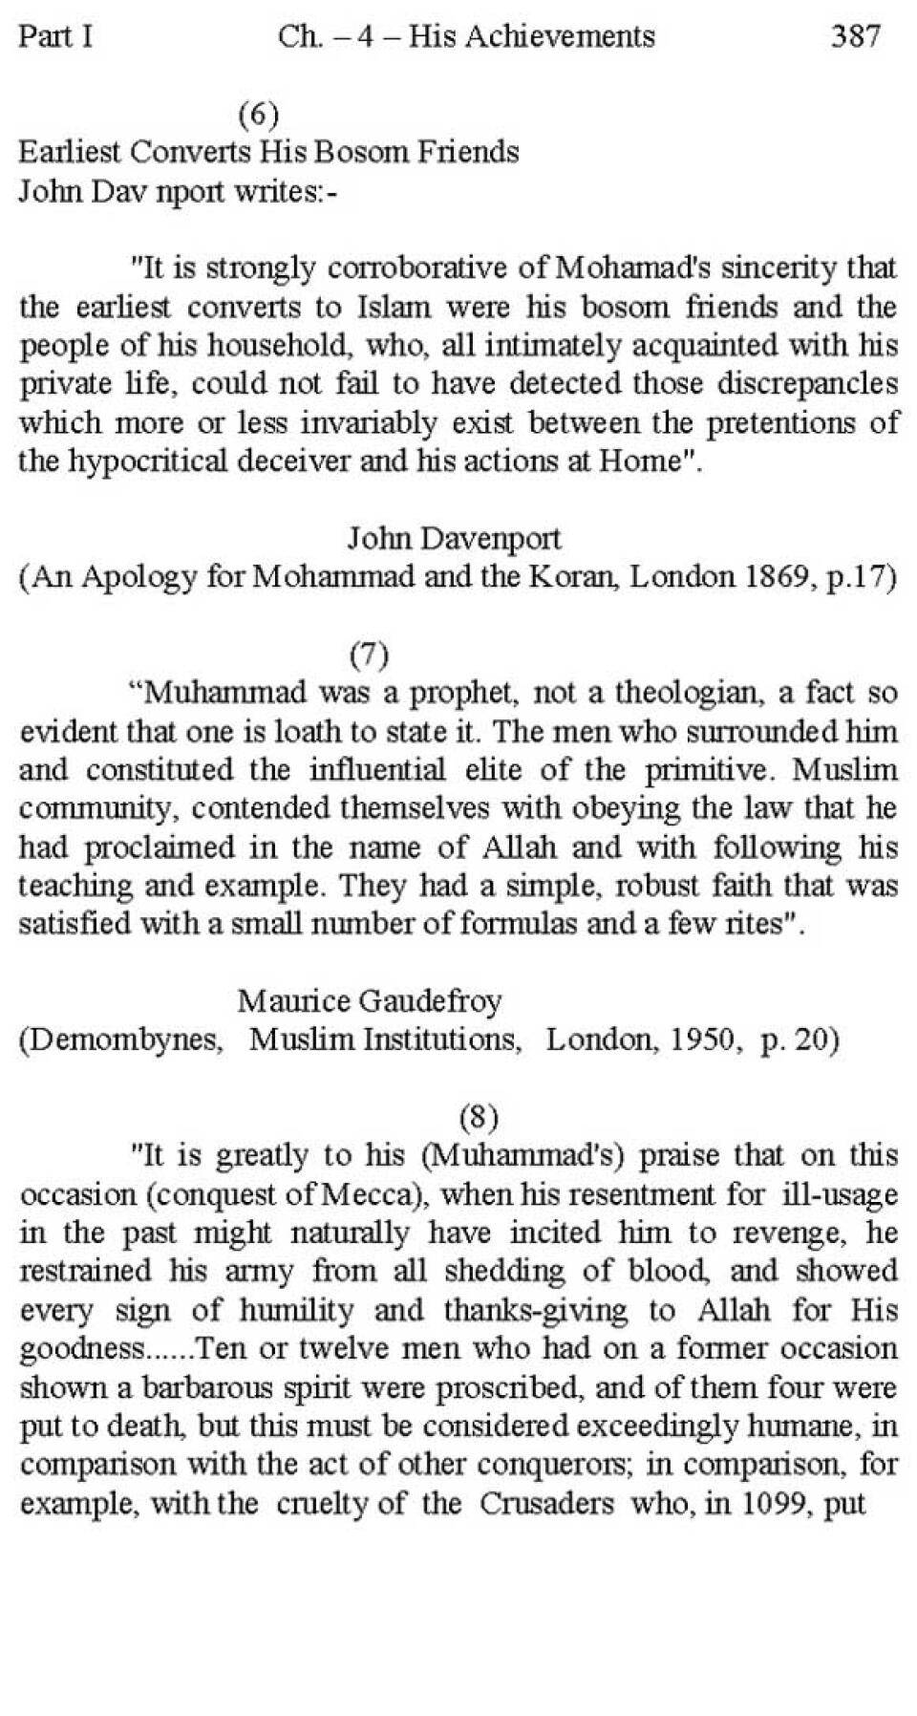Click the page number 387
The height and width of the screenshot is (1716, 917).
pyautogui.click(x=855, y=36)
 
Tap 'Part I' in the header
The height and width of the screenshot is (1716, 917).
pyautogui.click(x=55, y=36)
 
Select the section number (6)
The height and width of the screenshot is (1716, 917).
pyautogui.click(x=258, y=115)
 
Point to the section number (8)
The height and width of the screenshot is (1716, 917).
pyautogui.click(x=479, y=1116)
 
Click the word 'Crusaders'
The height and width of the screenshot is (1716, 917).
pyautogui.click(x=546, y=1503)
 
